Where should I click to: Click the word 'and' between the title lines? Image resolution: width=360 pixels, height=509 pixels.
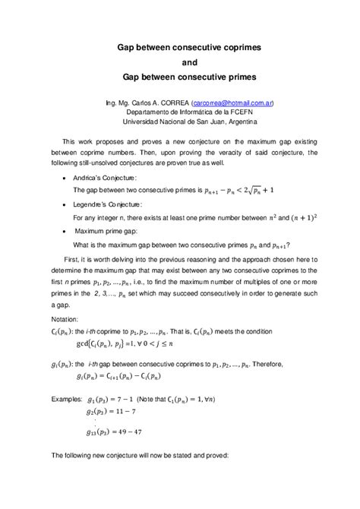pyautogui.click(x=179, y=62)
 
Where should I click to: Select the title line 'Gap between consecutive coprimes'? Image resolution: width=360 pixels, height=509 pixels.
pyautogui.click(x=179, y=46)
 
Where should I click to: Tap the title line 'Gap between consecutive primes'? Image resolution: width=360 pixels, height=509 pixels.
pyautogui.click(x=179, y=77)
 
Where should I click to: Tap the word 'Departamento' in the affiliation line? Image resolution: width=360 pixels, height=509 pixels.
pyautogui.click(x=148, y=111)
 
